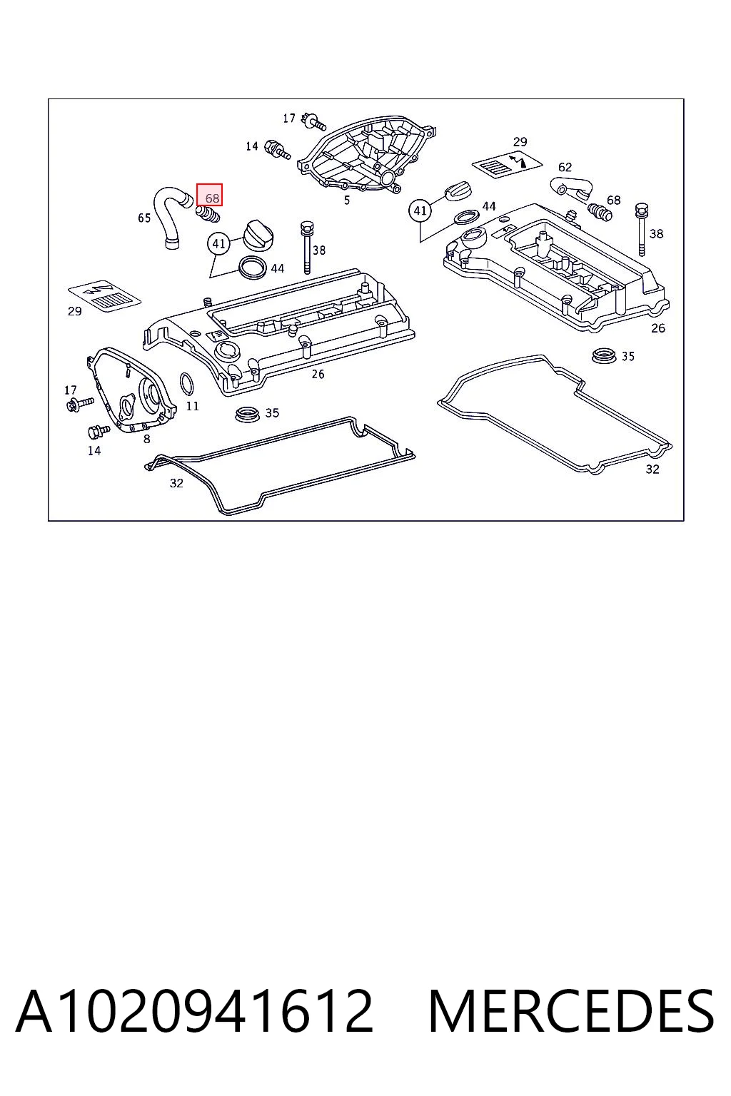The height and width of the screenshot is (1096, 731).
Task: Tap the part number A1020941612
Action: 195,1011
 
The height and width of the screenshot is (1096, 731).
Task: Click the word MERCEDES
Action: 571,1011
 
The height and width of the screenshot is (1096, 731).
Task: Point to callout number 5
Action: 347,200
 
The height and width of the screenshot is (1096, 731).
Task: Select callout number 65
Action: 144,218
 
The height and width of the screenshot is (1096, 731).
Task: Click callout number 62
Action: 565,168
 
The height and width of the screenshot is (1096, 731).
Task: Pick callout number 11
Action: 193,405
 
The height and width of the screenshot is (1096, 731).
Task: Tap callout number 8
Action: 146,440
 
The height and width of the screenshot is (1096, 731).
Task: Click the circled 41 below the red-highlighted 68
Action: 218,243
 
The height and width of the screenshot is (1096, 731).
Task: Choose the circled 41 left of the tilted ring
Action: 420,211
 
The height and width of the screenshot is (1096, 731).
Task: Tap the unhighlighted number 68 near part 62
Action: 613,200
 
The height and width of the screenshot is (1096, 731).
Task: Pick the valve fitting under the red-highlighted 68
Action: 208,214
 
